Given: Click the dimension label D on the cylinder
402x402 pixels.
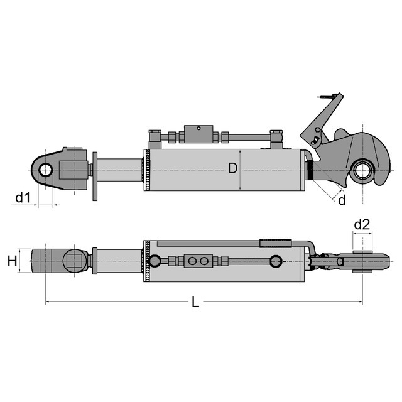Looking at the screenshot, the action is coord(232,169).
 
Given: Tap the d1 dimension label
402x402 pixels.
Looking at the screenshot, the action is coord(23,198).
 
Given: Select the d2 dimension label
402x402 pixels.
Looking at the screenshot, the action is coord(362,225).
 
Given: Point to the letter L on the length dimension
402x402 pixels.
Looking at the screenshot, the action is coord(195,301).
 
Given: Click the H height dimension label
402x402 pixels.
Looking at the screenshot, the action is coord(13,261).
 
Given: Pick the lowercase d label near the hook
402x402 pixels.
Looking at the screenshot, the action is coord(342,200).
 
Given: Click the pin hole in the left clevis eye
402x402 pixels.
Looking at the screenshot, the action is coord(46,170).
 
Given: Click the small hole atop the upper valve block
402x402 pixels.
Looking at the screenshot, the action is coord(198,128).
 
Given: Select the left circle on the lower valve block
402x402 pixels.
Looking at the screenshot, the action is coord(192,261).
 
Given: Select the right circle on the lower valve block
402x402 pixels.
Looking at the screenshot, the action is coord(204,261).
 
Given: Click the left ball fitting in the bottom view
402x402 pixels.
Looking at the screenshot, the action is coord(155,261).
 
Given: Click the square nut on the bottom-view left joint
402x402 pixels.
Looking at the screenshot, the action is coord(75,261).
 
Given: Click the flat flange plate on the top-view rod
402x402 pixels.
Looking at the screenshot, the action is coord(95,177).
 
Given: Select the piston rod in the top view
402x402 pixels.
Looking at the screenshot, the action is coord(119,170).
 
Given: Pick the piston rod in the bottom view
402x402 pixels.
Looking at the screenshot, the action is coord(119,261).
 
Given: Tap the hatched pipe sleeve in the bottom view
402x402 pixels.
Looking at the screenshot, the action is coord(276,243).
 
